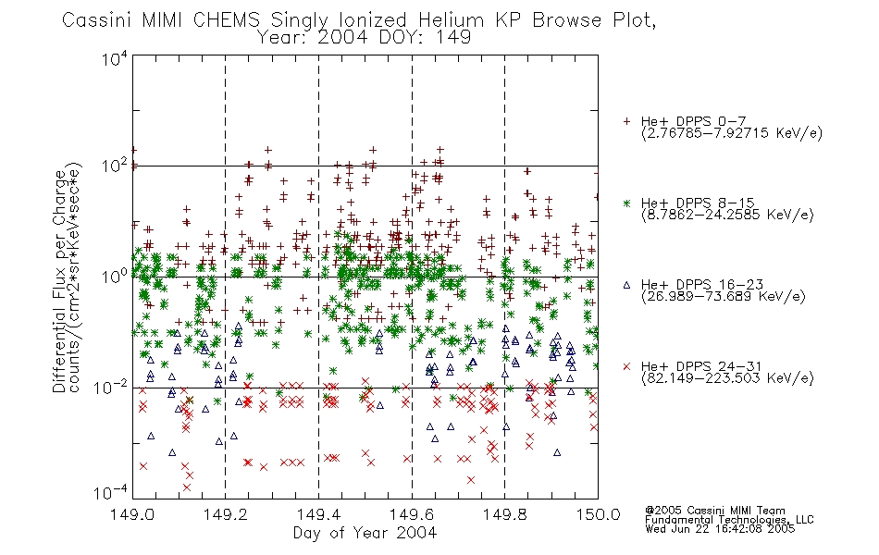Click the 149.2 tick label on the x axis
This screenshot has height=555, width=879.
tap(226, 514)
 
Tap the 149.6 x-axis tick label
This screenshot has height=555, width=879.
tap(412, 514)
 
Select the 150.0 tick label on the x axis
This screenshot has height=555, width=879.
tap(598, 514)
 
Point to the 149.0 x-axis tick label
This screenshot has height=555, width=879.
tap(132, 514)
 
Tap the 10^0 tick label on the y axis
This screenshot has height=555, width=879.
tap(116, 277)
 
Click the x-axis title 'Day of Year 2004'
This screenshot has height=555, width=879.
tap(365, 533)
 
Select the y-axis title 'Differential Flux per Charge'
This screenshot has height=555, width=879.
tap(59, 281)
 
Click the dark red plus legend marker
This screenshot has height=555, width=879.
tap(626, 121)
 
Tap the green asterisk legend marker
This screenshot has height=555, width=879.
tap(626, 203)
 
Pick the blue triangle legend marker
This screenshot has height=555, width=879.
tap(626, 285)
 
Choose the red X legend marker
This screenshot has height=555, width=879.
tap(626, 366)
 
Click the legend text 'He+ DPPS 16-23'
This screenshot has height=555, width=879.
tap(702, 285)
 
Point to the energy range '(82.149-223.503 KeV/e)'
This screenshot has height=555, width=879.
tap(727, 377)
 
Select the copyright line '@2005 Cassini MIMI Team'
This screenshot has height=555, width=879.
tap(714, 511)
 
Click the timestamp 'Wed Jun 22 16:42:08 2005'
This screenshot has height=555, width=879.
tap(720, 528)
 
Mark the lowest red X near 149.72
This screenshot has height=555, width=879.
tap(471, 480)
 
